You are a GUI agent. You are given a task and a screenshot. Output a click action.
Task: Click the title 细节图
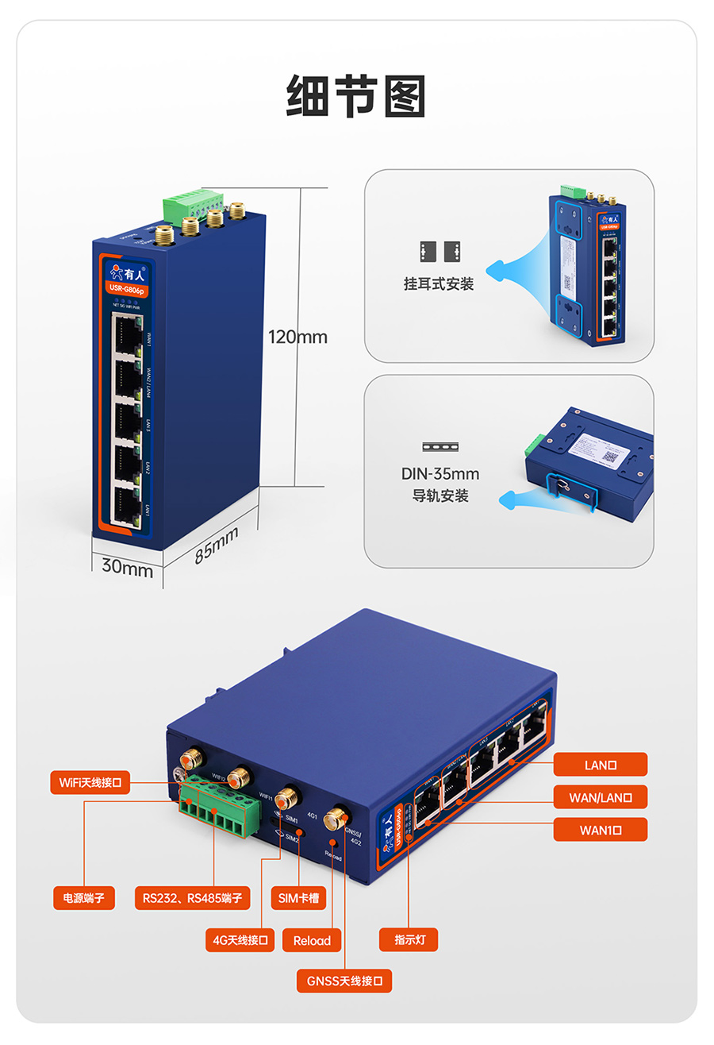click(x=356, y=97)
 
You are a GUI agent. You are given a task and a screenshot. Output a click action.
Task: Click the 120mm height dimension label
click(x=297, y=337)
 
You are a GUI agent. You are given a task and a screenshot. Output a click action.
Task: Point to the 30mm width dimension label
click(x=127, y=569)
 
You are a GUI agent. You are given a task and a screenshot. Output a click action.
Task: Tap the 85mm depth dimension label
click(x=217, y=545)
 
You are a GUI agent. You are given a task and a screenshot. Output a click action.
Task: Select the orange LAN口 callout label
click(x=601, y=765)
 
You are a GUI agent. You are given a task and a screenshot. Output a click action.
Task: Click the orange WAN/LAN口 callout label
click(x=601, y=797)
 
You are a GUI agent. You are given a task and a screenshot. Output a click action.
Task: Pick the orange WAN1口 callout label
click(x=601, y=830)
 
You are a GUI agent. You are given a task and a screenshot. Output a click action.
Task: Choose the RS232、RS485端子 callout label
click(x=193, y=898)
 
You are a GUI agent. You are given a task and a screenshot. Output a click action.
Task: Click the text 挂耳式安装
click(x=439, y=284)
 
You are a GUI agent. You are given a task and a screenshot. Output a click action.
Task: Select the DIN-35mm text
click(x=440, y=475)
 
